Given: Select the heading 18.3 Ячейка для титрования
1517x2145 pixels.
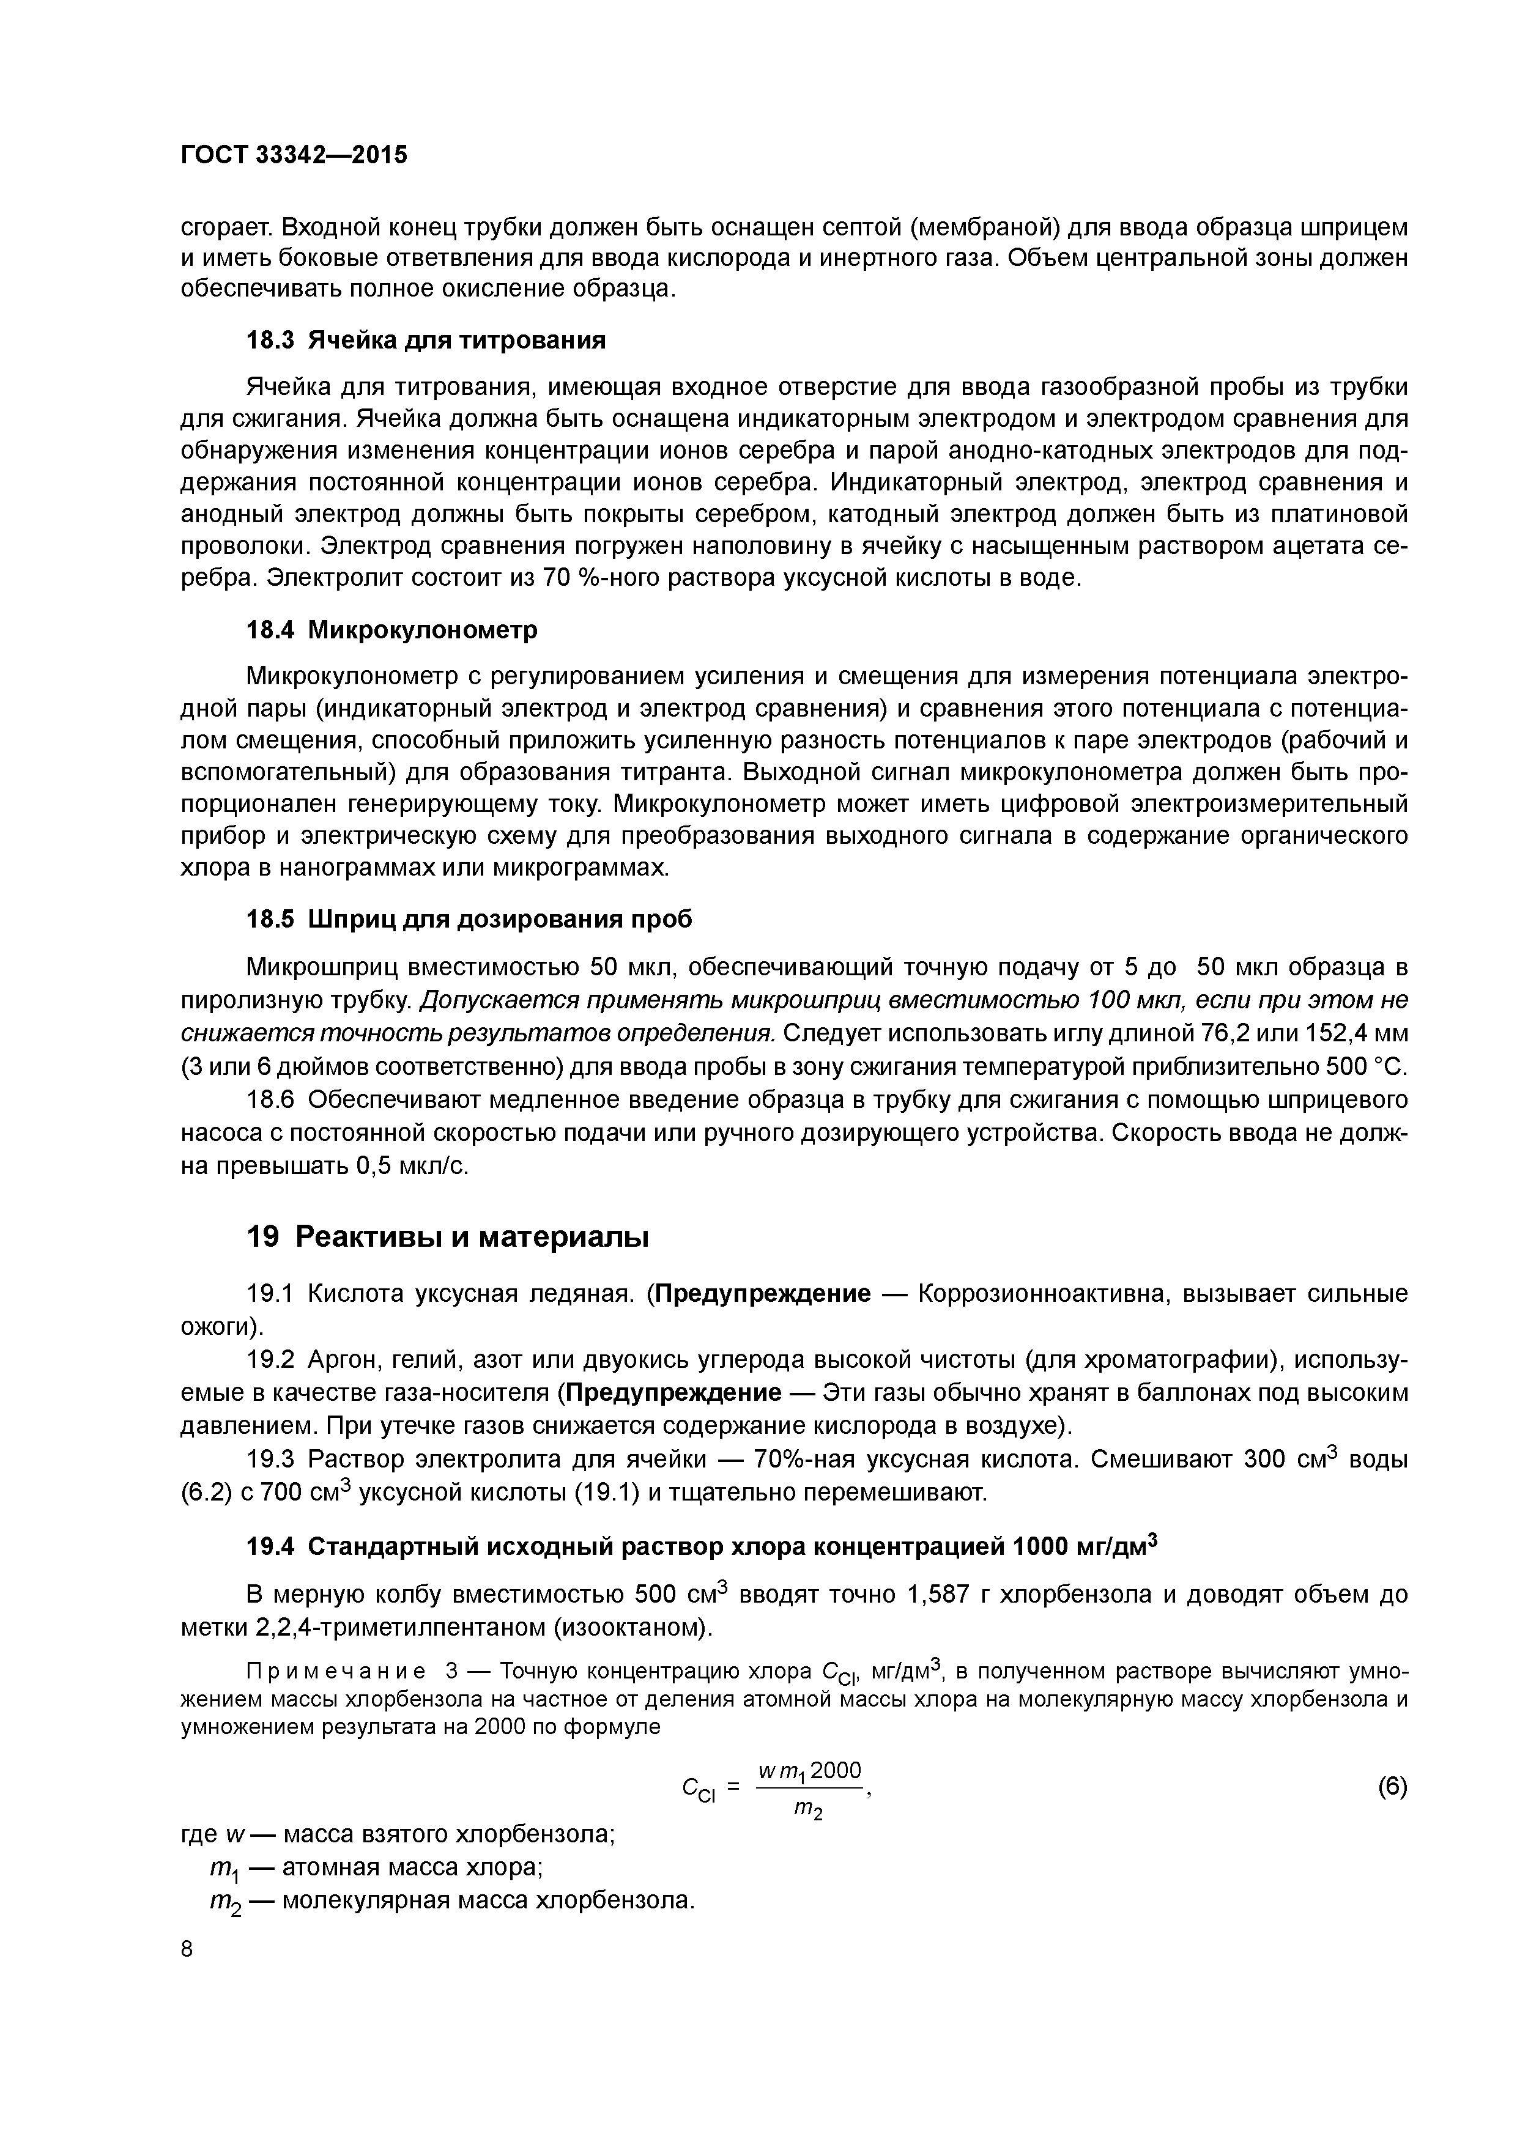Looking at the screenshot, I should [x=425, y=340].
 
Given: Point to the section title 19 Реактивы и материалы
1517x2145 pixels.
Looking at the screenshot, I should [x=448, y=1238].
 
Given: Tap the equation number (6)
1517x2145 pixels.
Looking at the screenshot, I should [x=1392, y=1788].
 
